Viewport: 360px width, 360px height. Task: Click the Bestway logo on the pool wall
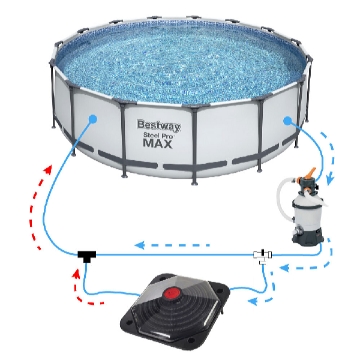158,126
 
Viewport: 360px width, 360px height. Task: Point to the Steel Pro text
158,136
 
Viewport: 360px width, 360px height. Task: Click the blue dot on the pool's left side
92,119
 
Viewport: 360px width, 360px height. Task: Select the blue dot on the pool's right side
287,121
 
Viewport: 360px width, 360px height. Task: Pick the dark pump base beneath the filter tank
307,236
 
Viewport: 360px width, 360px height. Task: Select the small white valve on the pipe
262,255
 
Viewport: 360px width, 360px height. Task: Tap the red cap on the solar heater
173,295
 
